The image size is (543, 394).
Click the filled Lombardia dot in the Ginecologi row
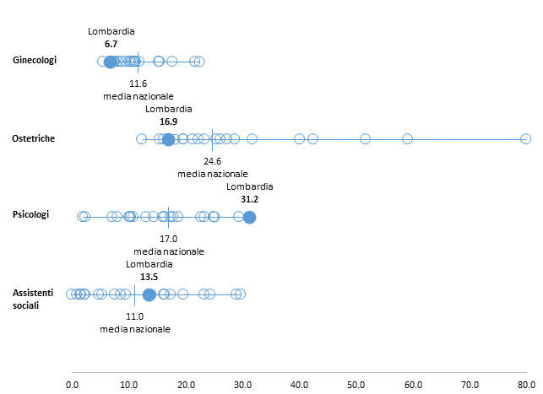pyautogui.click(x=110, y=62)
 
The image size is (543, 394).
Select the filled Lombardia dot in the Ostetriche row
pyautogui.click(x=168, y=139)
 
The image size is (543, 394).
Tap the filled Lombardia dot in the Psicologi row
pyautogui.click(x=249, y=218)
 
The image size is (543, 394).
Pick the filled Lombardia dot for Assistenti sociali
pyautogui.click(x=149, y=294)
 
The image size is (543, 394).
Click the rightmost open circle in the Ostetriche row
pyautogui.click(x=525, y=138)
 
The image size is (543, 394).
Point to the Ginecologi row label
pyautogui.click(x=35, y=60)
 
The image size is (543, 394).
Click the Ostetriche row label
pyautogui.click(x=34, y=138)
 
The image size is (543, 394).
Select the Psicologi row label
pyautogui.click(x=31, y=214)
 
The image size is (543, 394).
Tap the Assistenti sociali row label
pyautogui.click(x=32, y=298)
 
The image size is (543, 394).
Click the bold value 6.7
pyautogui.click(x=111, y=44)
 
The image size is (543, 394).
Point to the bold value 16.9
pyautogui.click(x=169, y=121)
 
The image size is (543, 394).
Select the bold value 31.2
pyautogui.click(x=250, y=200)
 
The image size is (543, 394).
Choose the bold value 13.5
pyautogui.click(x=149, y=276)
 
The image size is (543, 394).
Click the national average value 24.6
pyautogui.click(x=212, y=160)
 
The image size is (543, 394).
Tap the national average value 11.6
pyautogui.click(x=138, y=84)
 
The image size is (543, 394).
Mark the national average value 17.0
pyautogui.click(x=169, y=239)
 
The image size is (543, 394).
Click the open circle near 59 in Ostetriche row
pyautogui.click(x=407, y=138)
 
